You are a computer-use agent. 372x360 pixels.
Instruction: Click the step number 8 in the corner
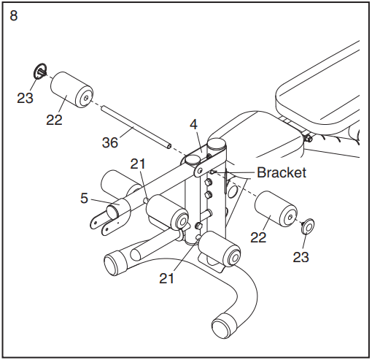pos(14,15)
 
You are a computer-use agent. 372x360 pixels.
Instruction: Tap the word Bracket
pos(282,172)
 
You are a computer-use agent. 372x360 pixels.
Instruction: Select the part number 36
pos(110,142)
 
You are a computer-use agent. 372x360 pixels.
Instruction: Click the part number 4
pos(194,125)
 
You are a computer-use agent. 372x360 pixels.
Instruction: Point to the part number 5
pos(84,198)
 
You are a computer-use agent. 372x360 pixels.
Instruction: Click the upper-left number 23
pos(25,98)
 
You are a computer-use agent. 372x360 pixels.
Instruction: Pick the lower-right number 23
pos(301,257)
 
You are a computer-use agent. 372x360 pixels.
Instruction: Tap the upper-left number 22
pos(54,120)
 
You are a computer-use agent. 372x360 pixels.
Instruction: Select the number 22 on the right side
pos(258,237)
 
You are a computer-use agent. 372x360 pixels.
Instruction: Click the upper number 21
pos(138,164)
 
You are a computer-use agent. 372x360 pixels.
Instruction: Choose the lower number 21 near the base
pos(167,278)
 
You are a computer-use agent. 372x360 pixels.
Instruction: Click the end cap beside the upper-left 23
pos(39,71)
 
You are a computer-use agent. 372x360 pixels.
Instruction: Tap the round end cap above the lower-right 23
pos(306,226)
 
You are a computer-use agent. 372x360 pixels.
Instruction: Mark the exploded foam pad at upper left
pos(71,90)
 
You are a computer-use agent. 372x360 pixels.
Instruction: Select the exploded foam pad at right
pos(276,210)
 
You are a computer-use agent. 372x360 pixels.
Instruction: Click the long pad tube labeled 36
pos(136,127)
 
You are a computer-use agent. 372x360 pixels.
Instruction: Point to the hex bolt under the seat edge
pos(309,139)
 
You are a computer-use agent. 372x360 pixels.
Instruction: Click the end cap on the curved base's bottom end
pos(224,326)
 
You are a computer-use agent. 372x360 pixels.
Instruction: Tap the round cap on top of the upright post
pos(217,143)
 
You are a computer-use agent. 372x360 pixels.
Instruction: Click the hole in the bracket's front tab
pos(200,171)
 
